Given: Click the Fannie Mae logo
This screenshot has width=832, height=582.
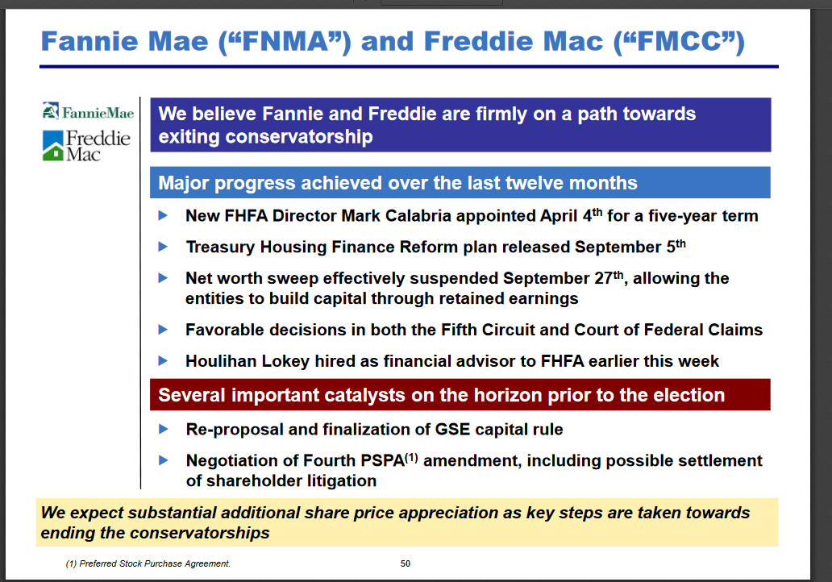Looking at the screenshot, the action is (x=88, y=111).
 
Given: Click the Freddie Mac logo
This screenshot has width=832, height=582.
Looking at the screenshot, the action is (x=86, y=145).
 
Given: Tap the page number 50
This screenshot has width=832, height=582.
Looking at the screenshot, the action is (x=406, y=563).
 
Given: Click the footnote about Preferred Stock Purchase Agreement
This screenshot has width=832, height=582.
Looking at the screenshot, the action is (x=148, y=563).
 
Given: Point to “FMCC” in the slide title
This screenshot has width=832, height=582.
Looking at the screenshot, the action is (x=679, y=41).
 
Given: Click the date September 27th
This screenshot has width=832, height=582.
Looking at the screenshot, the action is (x=563, y=277).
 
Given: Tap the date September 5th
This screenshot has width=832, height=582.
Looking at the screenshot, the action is (x=630, y=247).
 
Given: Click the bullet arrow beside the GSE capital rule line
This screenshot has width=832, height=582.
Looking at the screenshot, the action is (x=164, y=429).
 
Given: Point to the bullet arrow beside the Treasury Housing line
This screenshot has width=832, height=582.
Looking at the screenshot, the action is (x=164, y=247).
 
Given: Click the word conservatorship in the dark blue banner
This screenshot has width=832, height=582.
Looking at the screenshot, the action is (x=299, y=137).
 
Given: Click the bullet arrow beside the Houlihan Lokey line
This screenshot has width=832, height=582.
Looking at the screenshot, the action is (x=164, y=361).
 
